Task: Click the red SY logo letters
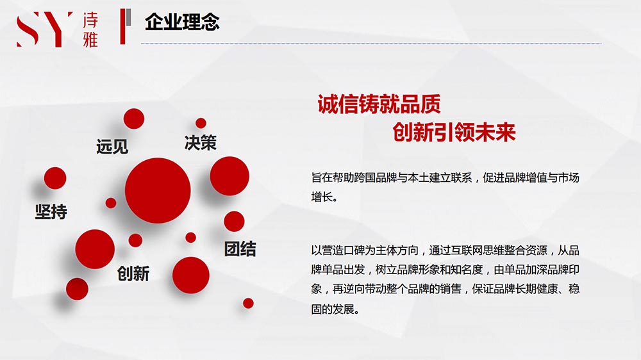point(44,29)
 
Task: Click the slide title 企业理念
point(182,22)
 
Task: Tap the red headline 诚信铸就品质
point(379,104)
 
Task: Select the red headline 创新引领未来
point(454,132)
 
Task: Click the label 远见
point(112,146)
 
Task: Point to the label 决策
point(200,143)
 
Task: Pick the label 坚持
point(51,211)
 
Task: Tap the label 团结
point(240,249)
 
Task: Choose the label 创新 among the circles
point(133,274)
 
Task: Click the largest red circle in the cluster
point(158,190)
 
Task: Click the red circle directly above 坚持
point(55,178)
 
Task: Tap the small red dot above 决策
point(201,123)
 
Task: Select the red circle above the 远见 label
point(134,119)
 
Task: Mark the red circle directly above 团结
point(234,222)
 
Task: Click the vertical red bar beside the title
point(122,26)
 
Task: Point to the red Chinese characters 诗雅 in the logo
point(90,30)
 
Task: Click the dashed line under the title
point(371,44)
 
